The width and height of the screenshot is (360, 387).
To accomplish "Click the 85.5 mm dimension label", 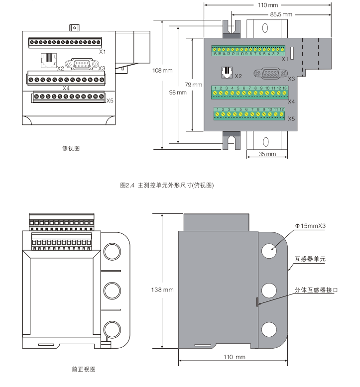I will [x=281, y=14].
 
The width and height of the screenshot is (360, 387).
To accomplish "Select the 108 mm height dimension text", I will [x=162, y=71].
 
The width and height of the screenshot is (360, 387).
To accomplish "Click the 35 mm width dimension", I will [x=267, y=154].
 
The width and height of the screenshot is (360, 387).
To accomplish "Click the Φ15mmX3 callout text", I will [x=310, y=226].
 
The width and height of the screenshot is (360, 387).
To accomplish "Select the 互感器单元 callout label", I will [x=310, y=259].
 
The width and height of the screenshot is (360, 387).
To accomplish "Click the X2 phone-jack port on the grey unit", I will [x=226, y=73].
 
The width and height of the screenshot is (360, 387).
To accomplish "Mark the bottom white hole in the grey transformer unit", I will [x=269, y=329].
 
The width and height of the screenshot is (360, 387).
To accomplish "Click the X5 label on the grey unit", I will [x=292, y=119].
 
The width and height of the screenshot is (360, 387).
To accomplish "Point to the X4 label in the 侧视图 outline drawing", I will [x=66, y=88].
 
